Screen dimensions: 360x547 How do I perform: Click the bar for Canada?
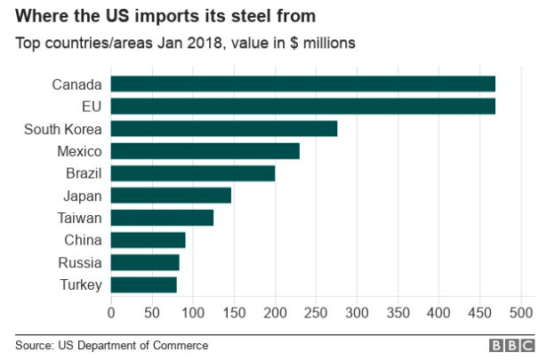coord(302,84)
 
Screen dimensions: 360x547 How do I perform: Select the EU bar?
coord(302,107)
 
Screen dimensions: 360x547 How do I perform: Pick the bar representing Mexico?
coord(205,151)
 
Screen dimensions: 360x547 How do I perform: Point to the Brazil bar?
coord(193,173)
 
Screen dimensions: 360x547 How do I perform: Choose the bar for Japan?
coord(171,196)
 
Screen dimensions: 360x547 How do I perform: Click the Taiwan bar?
coord(162,218)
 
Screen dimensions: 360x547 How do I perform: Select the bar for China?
coord(148,240)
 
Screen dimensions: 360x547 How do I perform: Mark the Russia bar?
coord(145,262)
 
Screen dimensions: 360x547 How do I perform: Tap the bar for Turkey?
coord(143,284)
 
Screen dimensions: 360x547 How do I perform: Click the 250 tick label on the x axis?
coord(316,313)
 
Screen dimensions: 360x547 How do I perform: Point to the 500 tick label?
coord(520,313)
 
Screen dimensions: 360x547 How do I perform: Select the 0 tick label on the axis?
coord(111,313)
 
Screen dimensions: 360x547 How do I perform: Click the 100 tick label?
coord(193,313)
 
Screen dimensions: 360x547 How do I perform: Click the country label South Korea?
coord(64,129)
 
